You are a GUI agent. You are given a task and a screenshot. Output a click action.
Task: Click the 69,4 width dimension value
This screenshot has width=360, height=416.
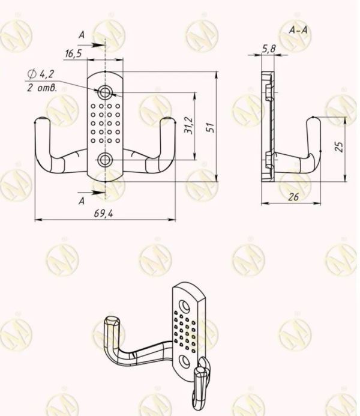(x=103, y=213)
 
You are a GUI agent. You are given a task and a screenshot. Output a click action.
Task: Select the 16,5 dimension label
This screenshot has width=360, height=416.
(x=73, y=53)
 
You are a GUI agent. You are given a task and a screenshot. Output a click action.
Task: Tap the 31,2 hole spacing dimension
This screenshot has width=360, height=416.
(x=189, y=125)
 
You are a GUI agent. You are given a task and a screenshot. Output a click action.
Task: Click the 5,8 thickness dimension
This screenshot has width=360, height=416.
(x=269, y=49)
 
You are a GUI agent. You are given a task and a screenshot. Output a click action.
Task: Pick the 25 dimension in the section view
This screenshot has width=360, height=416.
(x=339, y=146)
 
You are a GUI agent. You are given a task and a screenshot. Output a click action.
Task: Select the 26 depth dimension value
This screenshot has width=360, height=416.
(x=293, y=197)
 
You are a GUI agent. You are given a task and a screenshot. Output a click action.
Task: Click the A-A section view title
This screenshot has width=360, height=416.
(x=298, y=30)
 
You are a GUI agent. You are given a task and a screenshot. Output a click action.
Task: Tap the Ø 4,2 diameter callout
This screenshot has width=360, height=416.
(x=41, y=74)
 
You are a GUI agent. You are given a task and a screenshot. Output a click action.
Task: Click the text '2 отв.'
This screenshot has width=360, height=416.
(x=42, y=88)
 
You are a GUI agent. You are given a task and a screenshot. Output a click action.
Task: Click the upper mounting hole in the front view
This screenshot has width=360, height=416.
(x=105, y=92)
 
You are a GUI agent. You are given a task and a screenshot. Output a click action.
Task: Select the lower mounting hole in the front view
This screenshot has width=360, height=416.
(x=105, y=160)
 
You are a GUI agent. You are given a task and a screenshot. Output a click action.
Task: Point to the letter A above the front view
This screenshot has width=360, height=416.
(x=82, y=35)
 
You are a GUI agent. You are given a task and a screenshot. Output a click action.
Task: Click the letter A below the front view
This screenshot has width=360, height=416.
(x=82, y=201)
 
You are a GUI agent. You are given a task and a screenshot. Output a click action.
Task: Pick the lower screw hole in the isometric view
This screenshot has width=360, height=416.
(x=185, y=361)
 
